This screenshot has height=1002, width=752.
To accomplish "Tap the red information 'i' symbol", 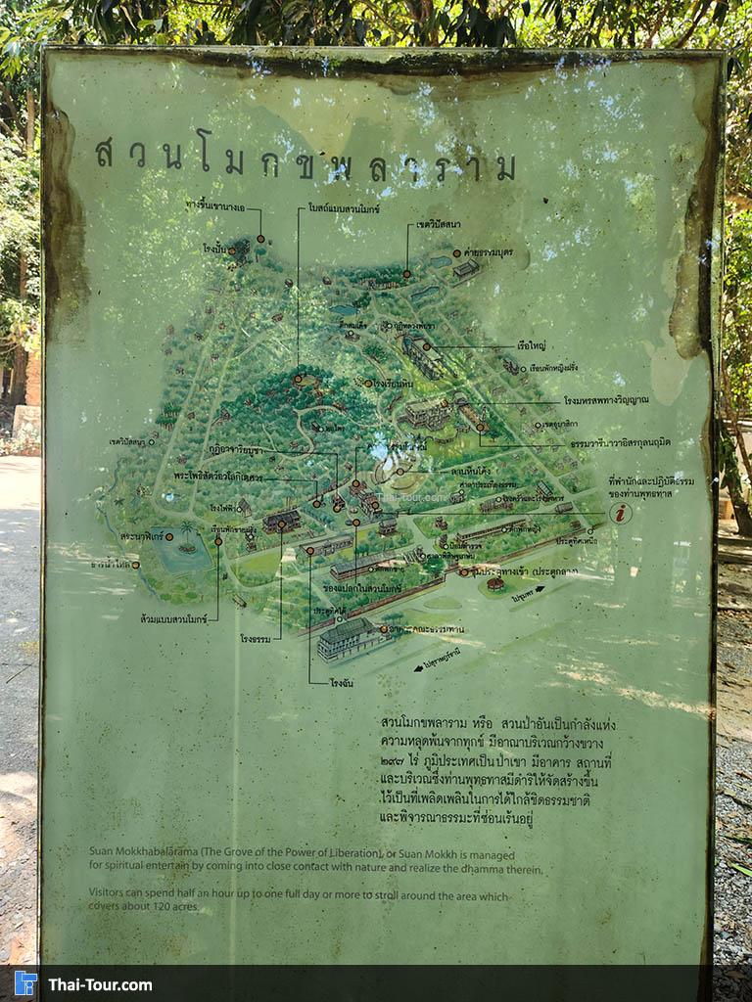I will pyautogui.click(x=620, y=512).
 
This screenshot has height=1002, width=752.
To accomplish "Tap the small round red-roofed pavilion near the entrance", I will pyautogui.click(x=495, y=583).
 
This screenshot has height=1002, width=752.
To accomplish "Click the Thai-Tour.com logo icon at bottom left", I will pyautogui.click(x=25, y=982).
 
